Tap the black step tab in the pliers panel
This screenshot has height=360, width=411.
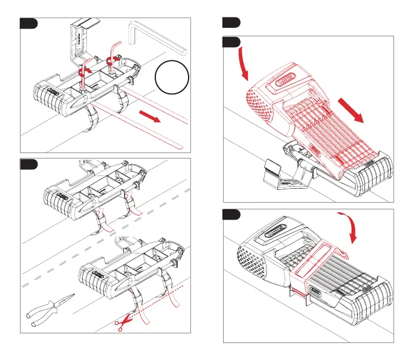coord(28,164)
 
